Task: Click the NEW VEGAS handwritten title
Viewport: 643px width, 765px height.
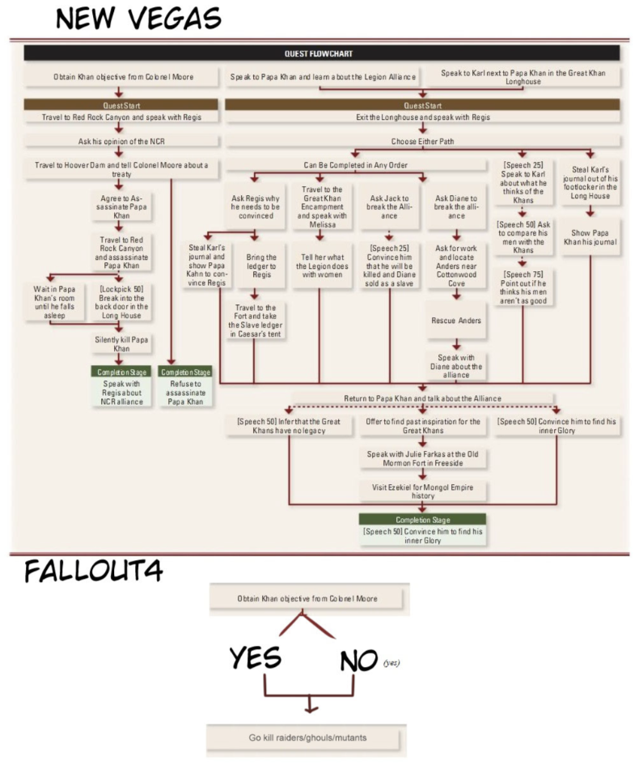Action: (137, 18)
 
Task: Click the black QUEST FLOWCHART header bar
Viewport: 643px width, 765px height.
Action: (321, 53)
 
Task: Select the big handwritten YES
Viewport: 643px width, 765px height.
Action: (256, 658)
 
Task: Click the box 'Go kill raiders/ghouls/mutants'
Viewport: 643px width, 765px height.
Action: (306, 738)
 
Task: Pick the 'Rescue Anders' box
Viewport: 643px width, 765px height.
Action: (456, 320)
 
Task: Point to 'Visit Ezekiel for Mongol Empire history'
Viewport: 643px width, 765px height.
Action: (422, 491)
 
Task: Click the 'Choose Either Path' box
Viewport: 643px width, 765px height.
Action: (421, 141)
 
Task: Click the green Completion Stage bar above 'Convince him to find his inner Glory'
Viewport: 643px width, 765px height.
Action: (422, 519)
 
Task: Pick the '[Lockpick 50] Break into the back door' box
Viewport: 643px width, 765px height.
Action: (121, 301)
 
